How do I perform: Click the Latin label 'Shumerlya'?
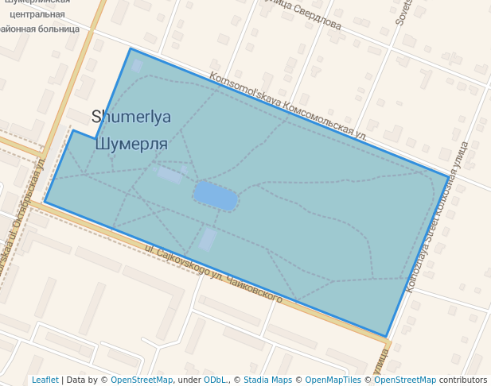point(131,117)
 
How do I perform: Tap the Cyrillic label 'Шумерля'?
point(131,144)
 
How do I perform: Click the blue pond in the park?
point(216,195)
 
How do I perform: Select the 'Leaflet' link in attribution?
point(45,380)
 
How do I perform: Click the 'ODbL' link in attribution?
point(215,380)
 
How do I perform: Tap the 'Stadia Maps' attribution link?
point(267,380)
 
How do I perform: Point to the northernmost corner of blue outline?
point(131,49)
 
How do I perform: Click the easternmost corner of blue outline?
point(448,176)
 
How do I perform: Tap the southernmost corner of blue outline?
point(387,337)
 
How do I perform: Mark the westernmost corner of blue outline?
point(45,202)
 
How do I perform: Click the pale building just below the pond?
point(207,239)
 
